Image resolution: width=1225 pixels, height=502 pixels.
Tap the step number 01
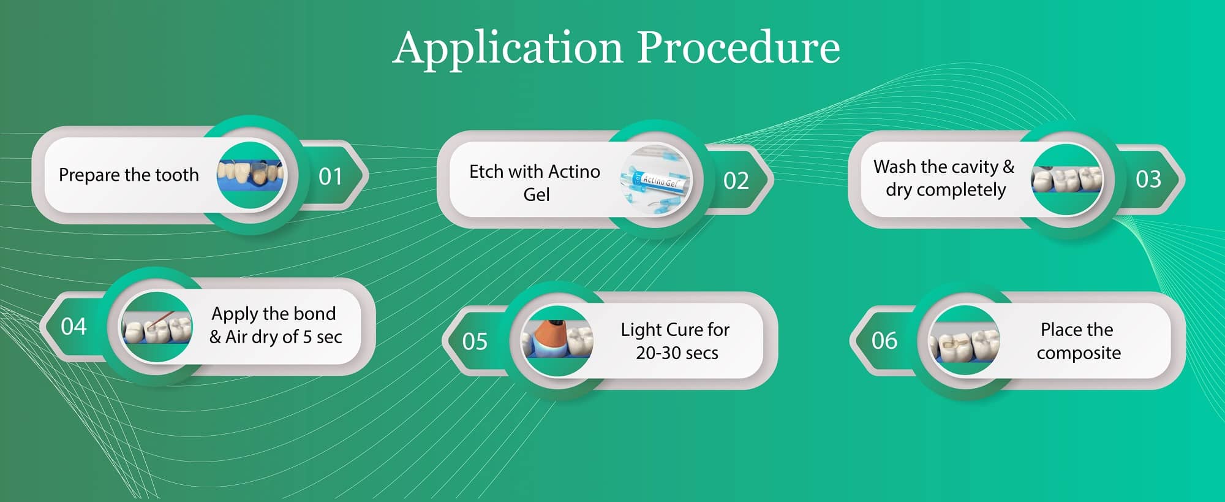tap(330, 177)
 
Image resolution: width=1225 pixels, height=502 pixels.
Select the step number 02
tap(736, 181)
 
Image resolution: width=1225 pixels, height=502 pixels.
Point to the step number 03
tap(1148, 179)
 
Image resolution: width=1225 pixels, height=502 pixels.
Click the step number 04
tap(73, 326)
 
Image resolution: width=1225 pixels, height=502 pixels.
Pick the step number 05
tap(475, 341)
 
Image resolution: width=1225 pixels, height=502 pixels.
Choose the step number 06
tap(884, 340)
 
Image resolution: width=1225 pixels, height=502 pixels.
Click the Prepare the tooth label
tap(129, 175)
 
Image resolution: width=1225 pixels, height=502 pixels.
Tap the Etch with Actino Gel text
tap(535, 183)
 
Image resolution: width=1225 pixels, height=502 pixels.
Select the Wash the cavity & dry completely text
tap(944, 178)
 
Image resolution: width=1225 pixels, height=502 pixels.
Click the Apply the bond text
tap(274, 314)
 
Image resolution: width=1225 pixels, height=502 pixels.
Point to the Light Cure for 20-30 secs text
tap(676, 341)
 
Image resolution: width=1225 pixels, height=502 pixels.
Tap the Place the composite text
tap(1079, 341)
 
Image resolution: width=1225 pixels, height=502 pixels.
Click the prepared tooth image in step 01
tap(251, 176)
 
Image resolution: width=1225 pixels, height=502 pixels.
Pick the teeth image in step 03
tap(1066, 180)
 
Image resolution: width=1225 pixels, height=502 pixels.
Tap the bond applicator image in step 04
tap(156, 327)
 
